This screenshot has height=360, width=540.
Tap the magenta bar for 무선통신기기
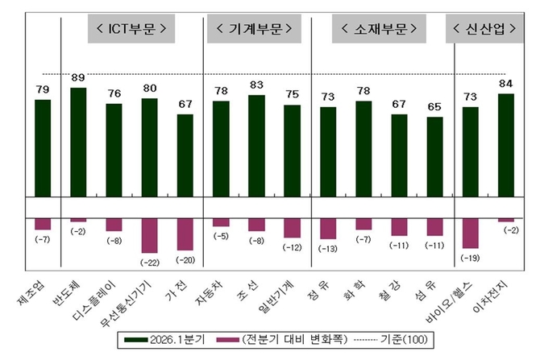[150, 235]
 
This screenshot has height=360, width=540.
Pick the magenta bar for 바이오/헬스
[470, 233]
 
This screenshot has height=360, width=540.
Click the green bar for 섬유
[434, 156]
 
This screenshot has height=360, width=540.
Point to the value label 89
[78, 78]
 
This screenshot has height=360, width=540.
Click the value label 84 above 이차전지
[505, 85]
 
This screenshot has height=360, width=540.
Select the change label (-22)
[150, 263]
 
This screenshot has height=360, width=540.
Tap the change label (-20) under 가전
[185, 261]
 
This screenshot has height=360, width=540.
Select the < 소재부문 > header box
[378, 30]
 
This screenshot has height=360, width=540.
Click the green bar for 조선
[256, 145]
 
